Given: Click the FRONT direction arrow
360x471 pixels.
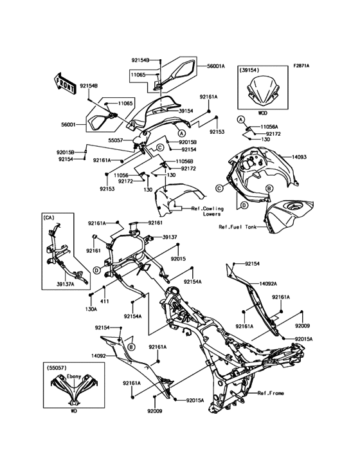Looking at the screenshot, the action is [x=64, y=82].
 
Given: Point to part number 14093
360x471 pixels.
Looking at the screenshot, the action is [x=298, y=157].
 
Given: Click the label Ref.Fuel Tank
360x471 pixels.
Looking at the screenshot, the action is [x=238, y=226].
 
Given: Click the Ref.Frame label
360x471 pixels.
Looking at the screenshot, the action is [x=271, y=393].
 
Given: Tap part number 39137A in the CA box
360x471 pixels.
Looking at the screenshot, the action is [x=65, y=283].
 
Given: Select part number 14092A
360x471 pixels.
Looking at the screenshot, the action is [x=268, y=283].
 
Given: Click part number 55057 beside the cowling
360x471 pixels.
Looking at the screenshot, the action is [x=116, y=140].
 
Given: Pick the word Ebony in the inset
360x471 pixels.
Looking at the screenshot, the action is [x=74, y=376].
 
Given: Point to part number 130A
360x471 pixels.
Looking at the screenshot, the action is [x=91, y=309].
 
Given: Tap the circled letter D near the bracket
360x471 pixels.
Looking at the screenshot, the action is [x=96, y=270].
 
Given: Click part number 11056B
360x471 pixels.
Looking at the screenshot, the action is [x=184, y=161].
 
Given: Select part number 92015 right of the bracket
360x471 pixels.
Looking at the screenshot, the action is [x=178, y=258].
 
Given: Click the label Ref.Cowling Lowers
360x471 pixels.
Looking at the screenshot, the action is [x=207, y=211].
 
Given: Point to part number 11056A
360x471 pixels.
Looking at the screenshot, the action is [x=269, y=127].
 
